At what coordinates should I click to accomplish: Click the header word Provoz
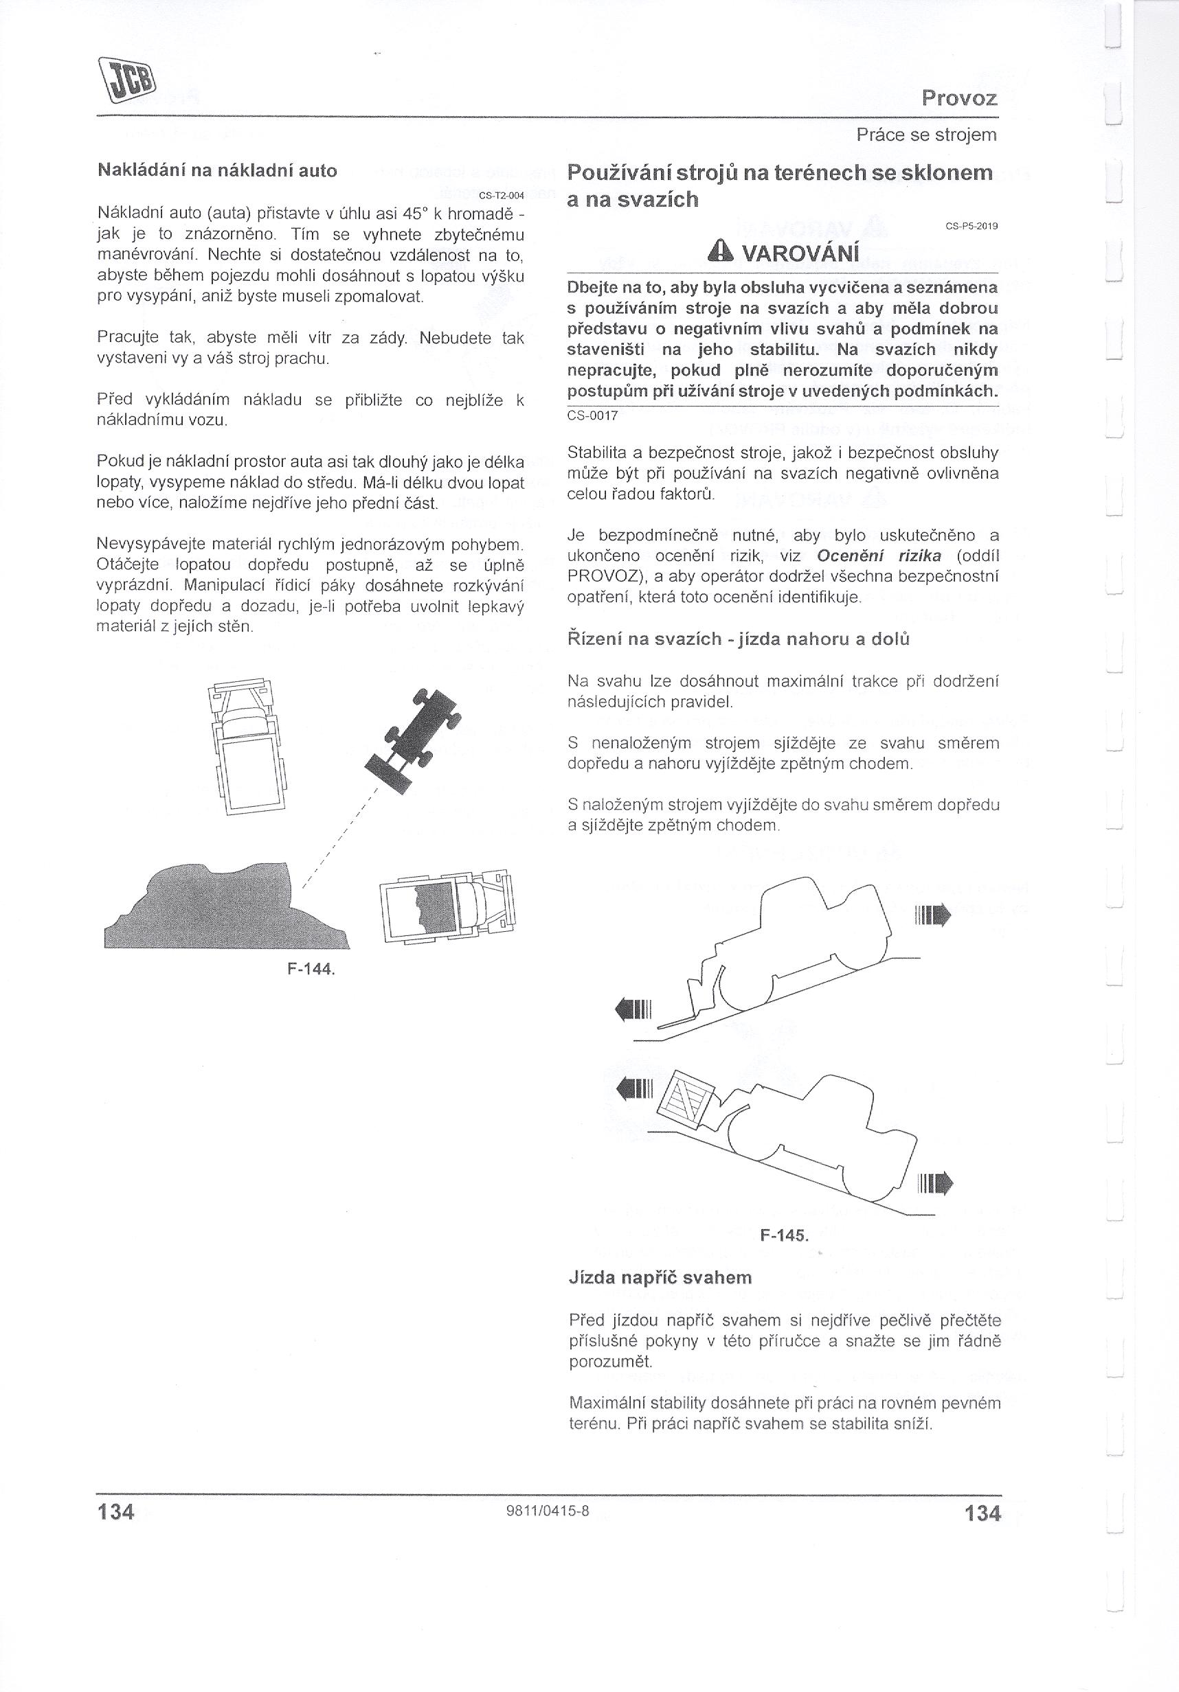[959, 98]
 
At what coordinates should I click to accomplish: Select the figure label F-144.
[311, 968]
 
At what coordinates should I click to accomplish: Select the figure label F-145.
[784, 1235]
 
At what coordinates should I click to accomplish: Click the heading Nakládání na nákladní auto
[218, 171]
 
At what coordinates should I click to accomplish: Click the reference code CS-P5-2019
[971, 226]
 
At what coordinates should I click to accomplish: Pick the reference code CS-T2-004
[501, 195]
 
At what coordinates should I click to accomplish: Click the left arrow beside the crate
[634, 1087]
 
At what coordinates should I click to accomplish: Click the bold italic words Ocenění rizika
[879, 556]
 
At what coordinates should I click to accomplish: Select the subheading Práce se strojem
[926, 135]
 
